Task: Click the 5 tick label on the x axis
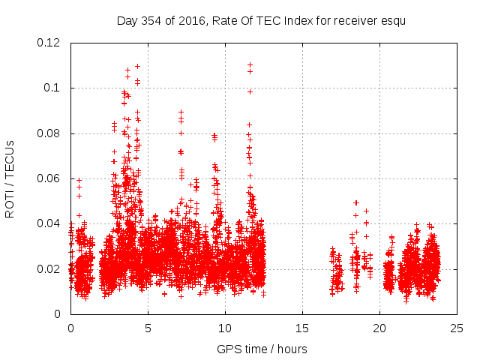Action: click(x=148, y=328)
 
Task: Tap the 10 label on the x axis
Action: click(x=225, y=328)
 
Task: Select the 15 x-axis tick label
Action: click(x=302, y=328)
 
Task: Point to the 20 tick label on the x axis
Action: click(x=379, y=328)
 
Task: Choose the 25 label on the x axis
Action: click(x=457, y=328)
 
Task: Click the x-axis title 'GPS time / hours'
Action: click(x=262, y=349)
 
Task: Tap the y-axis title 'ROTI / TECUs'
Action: click(x=10, y=178)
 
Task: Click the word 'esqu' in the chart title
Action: click(x=392, y=20)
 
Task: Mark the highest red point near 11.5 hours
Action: click(x=250, y=64)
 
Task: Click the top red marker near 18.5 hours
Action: click(x=356, y=202)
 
